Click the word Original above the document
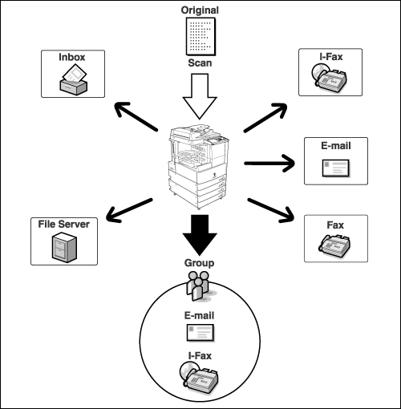[x=200, y=10]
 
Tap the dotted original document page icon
[x=200, y=36]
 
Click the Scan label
[x=200, y=63]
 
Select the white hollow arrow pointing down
[x=200, y=96]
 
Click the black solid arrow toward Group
[x=200, y=235]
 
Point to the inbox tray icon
[x=73, y=79]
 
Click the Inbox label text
[x=72, y=57]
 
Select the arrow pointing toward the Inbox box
[x=136, y=116]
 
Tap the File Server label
[x=64, y=224]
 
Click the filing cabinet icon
[x=64, y=247]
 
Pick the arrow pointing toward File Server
[x=129, y=210]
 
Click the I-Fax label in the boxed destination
[x=330, y=57]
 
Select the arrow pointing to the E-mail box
[x=269, y=163]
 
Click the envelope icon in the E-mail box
[x=336, y=168]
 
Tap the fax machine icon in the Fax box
[x=334, y=245]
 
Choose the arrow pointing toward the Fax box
[x=271, y=210]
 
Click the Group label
[x=199, y=263]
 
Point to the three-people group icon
[x=199, y=286]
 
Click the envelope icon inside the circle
[x=200, y=333]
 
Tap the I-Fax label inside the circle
[x=200, y=356]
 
